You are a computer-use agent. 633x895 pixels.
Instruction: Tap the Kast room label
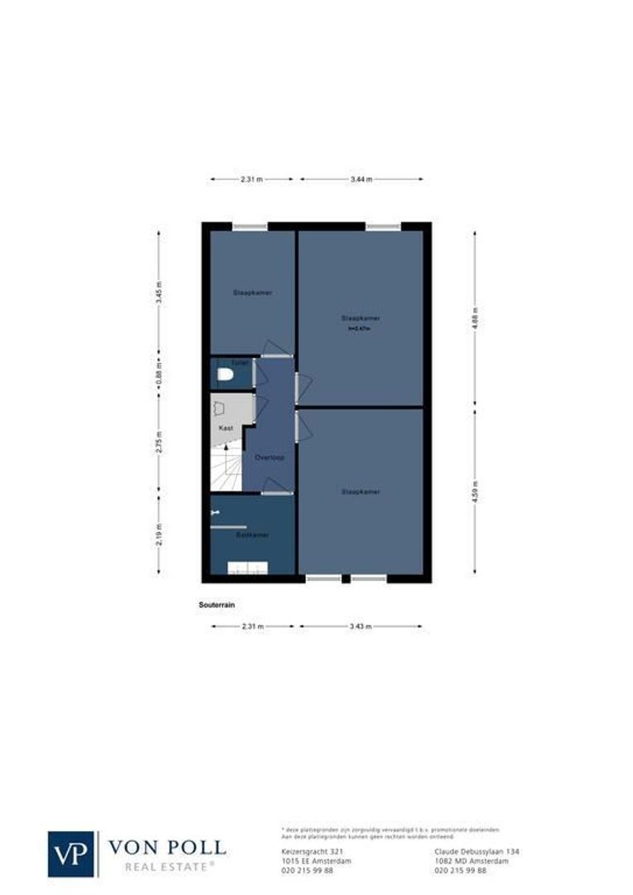pyautogui.click(x=225, y=428)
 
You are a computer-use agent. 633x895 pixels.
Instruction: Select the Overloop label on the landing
pyautogui.click(x=270, y=457)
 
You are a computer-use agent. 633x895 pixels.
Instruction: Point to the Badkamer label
pyautogui.click(x=253, y=535)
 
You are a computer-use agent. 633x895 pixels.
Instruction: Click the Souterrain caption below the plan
pyautogui.click(x=217, y=605)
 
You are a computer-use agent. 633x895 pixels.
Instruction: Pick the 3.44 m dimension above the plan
pyautogui.click(x=361, y=179)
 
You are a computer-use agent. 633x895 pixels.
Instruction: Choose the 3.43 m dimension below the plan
pyautogui.click(x=361, y=626)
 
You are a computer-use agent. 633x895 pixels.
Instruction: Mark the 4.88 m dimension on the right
pyautogui.click(x=475, y=318)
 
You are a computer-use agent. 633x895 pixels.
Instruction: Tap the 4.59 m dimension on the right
pyautogui.click(x=475, y=488)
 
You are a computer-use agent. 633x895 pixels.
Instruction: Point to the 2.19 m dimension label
pyautogui.click(x=159, y=534)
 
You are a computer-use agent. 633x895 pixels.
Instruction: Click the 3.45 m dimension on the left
pyautogui.click(x=159, y=293)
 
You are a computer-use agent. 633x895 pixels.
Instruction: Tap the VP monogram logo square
pyautogui.click(x=71, y=854)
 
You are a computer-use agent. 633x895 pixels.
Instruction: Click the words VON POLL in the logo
pyautogui.click(x=167, y=847)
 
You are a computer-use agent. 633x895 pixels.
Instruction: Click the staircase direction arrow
pyautogui.click(x=227, y=448)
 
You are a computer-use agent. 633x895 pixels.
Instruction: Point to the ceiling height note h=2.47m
pyautogui.click(x=360, y=329)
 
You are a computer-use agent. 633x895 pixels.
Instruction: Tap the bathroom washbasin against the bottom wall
pyautogui.click(x=249, y=568)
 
